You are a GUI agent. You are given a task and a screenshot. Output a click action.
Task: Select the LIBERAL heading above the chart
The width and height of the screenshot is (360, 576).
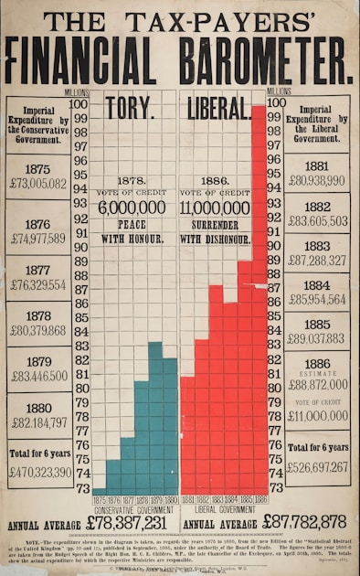[218, 109]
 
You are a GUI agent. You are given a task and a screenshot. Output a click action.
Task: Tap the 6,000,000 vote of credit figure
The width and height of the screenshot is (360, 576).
[132, 208]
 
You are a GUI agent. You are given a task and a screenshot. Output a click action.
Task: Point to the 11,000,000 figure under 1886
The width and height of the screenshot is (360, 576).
[216, 208]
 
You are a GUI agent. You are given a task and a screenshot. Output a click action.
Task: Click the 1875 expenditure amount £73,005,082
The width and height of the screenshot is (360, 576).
[38, 184]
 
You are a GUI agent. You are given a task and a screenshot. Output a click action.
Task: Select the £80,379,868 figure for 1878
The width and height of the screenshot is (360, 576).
[38, 330]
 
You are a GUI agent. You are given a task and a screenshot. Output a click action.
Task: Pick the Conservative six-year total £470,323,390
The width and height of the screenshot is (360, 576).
[38, 473]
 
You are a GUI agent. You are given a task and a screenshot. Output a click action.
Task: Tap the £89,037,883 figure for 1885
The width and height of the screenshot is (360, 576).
[317, 338]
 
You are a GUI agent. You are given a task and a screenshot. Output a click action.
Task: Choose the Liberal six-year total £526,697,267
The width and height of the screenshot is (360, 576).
[317, 467]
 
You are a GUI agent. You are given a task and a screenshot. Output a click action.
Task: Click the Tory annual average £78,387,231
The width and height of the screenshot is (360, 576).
[127, 522]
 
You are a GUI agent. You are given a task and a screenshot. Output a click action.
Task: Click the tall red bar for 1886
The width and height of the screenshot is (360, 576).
[259, 302]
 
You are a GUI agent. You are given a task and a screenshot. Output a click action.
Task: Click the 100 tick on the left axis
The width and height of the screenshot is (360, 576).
[79, 104]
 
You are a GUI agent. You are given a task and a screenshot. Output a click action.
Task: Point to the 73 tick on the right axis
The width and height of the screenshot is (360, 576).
[274, 487]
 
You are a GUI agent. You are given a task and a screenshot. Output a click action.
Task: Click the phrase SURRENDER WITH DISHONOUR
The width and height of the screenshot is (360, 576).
[216, 231]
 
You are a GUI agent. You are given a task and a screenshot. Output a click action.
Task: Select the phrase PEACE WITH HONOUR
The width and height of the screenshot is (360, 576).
[132, 231]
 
